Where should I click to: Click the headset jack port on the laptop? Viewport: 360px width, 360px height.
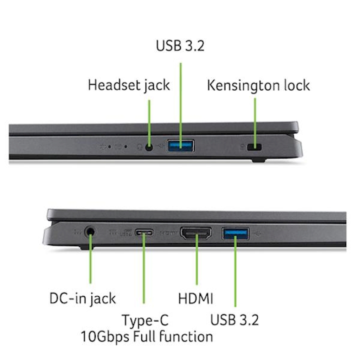pos(149,147)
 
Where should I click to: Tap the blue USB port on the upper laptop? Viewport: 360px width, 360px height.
pos(181,146)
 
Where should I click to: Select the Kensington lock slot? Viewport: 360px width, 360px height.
pos(255,147)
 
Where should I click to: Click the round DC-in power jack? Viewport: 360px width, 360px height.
pos(90,232)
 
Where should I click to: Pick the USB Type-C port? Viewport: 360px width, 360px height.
pos(144,233)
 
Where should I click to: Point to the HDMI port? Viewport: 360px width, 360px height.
pos(196,233)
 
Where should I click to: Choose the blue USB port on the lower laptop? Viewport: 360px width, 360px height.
pos(235,234)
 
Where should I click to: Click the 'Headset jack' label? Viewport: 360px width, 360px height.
pos(129,85)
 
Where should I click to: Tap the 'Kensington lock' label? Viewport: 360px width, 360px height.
pos(258,86)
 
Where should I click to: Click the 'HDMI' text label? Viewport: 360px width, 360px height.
pos(195,299)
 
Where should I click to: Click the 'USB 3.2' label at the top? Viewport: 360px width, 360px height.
pos(180,45)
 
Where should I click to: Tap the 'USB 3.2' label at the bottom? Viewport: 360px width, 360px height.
pos(234,320)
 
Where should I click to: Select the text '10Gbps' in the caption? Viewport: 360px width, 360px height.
pos(105,337)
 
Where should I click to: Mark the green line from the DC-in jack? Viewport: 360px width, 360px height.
pos(90,258)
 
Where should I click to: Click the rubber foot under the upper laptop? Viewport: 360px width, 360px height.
pos(259,160)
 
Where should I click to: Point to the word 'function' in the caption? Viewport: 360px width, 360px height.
pos(186,337)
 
